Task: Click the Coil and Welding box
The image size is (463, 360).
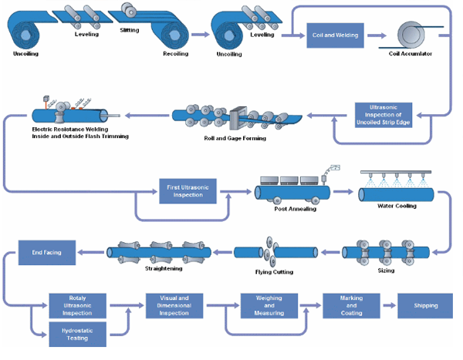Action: point(334,35)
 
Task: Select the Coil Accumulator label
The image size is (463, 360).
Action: point(410,54)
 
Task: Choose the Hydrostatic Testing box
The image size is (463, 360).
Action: point(77,333)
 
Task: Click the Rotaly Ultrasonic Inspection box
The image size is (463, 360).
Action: point(77,304)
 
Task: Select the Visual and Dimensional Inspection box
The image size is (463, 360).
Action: point(174,304)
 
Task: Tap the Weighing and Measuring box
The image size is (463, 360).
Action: point(269,304)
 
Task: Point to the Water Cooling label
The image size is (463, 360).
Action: point(397,206)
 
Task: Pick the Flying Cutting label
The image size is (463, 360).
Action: point(274,272)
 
